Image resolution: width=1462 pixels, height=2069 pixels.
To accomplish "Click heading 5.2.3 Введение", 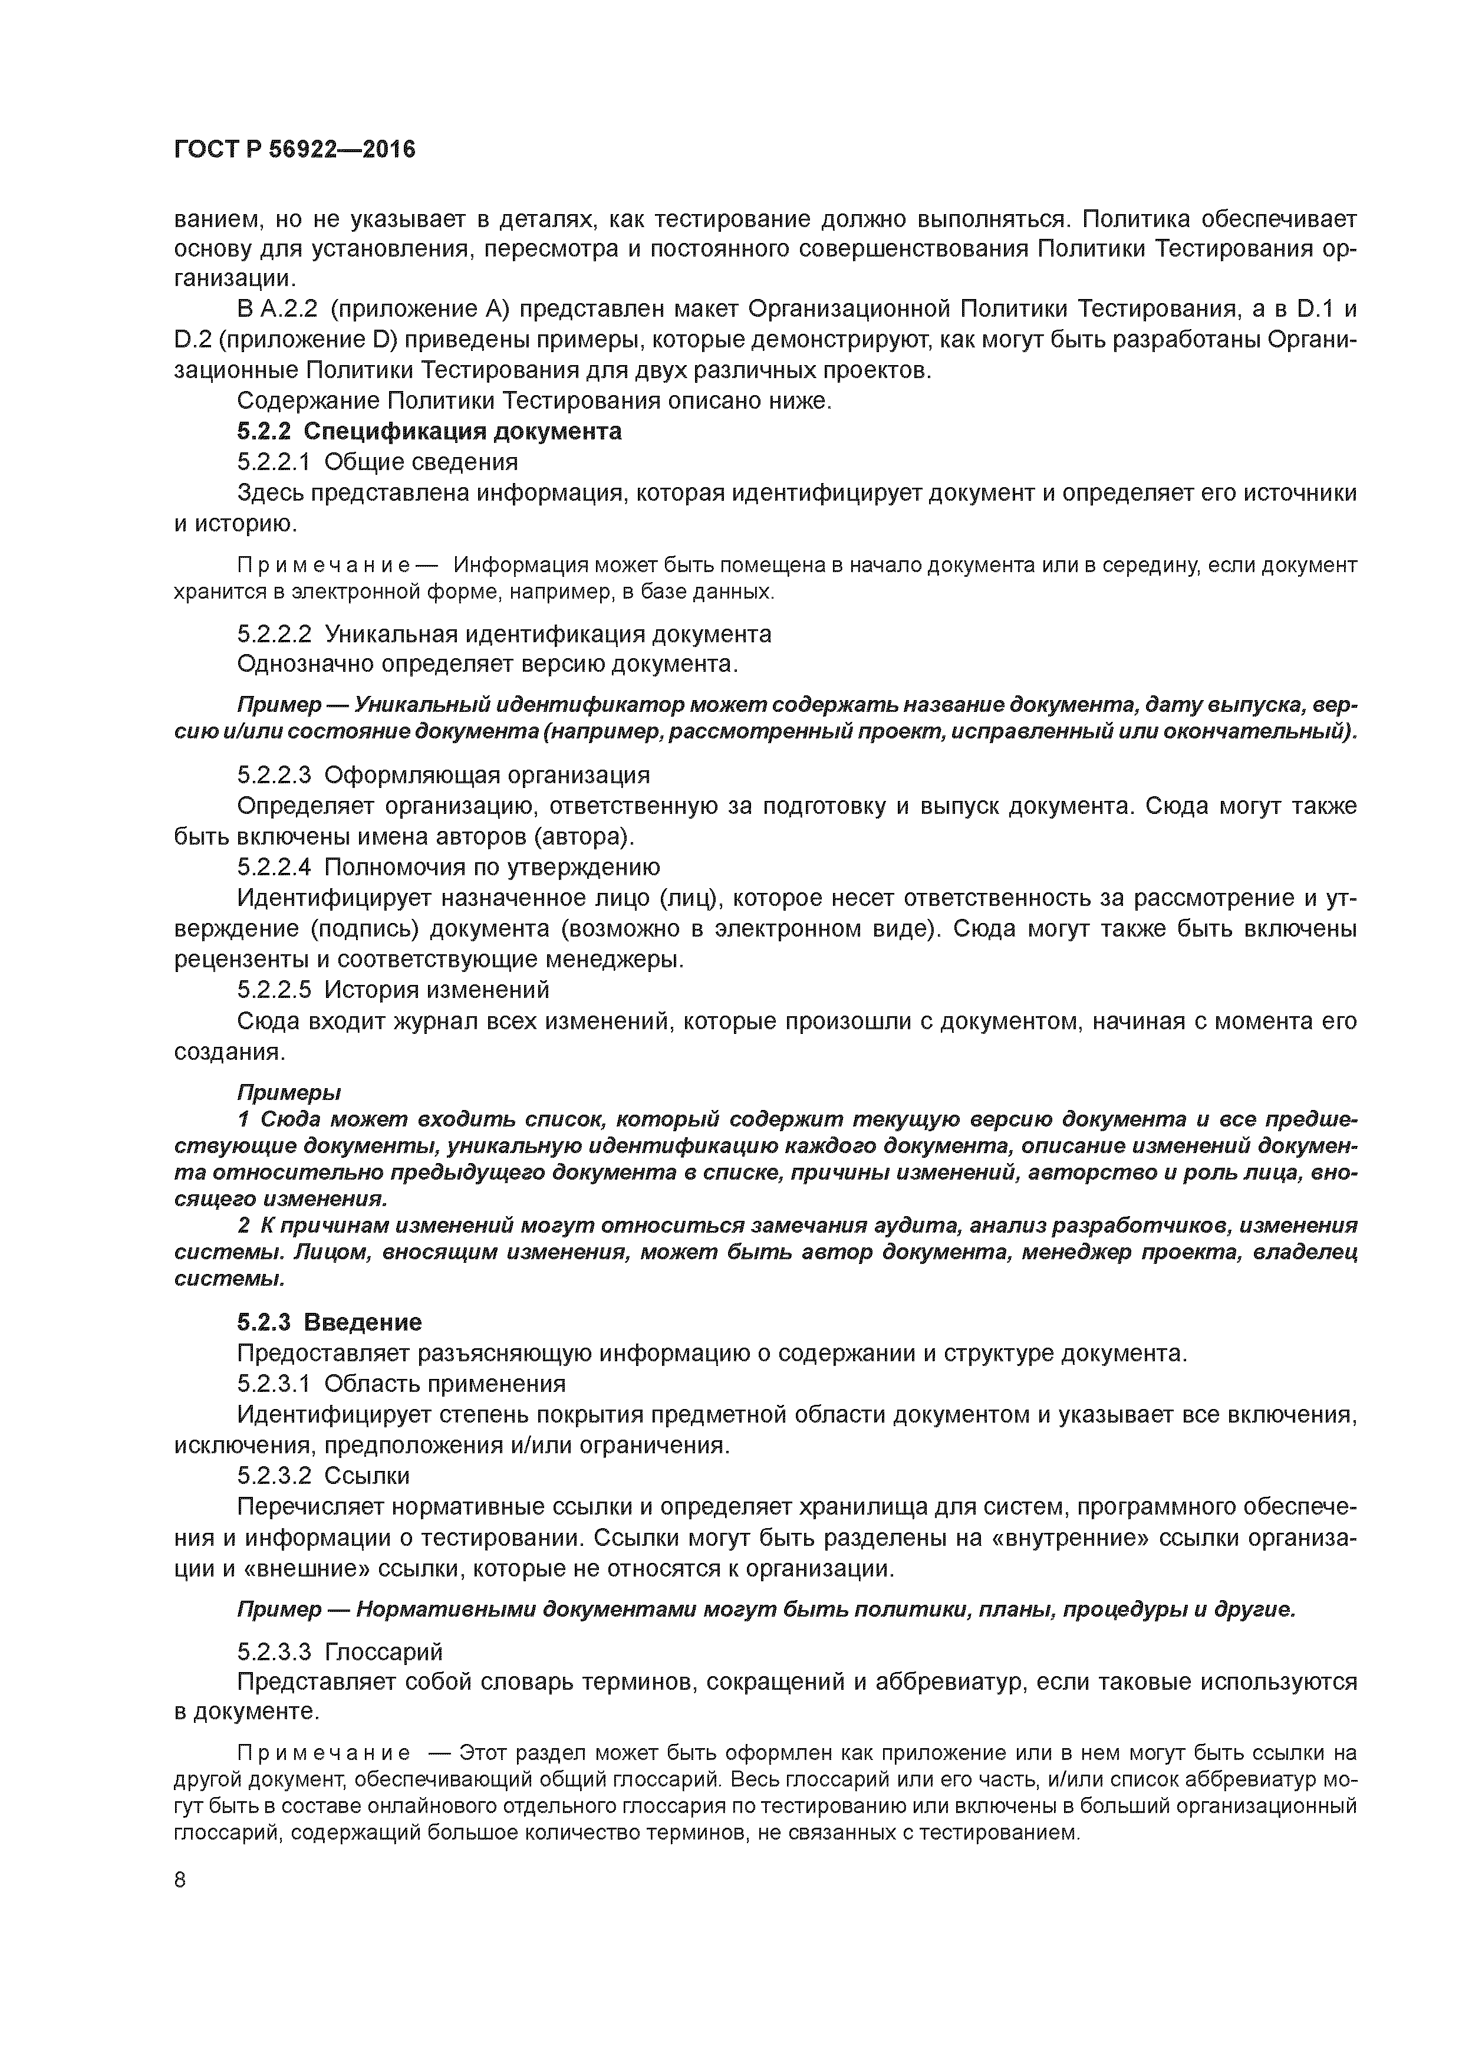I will pos(330,1322).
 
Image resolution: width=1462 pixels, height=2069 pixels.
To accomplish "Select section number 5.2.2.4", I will pos(274,867).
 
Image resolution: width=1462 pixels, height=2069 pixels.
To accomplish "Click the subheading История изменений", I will pos(436,990).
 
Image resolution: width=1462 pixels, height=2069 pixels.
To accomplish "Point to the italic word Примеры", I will pos(288,1093).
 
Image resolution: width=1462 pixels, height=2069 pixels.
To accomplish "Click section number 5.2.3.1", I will pos(274,1383).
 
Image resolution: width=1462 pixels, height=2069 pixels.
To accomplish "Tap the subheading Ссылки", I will pos(367,1475).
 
